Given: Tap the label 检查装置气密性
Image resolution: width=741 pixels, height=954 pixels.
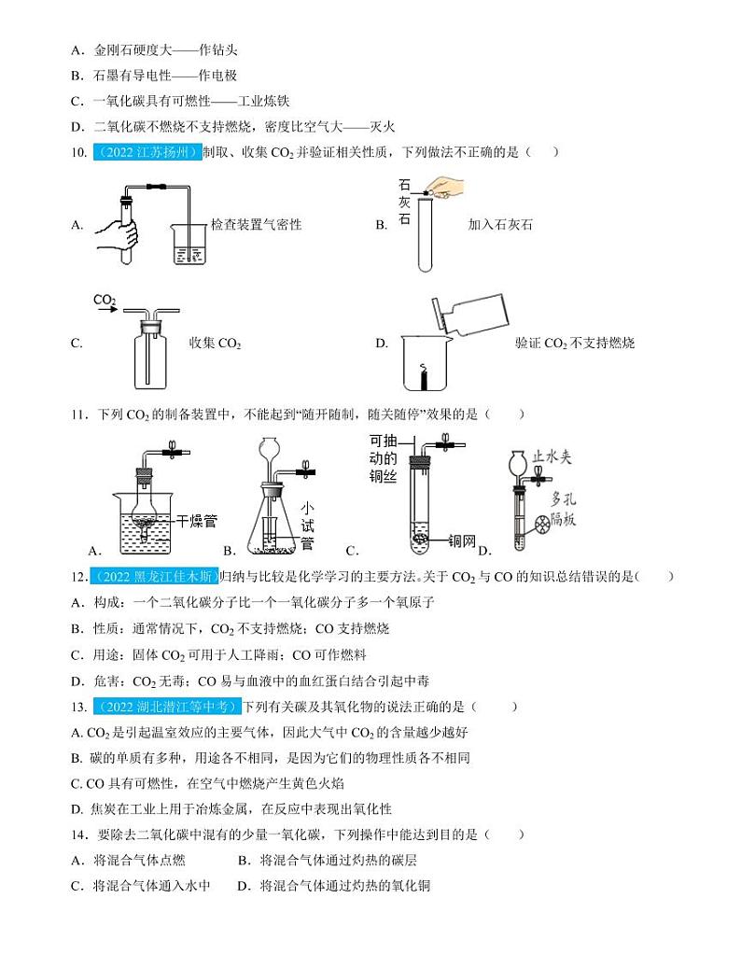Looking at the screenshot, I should click(x=256, y=225).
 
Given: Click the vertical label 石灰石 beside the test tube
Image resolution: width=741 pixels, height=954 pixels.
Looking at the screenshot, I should click(x=404, y=203).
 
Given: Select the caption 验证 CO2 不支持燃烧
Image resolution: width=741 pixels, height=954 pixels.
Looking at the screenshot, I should click(x=574, y=344).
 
